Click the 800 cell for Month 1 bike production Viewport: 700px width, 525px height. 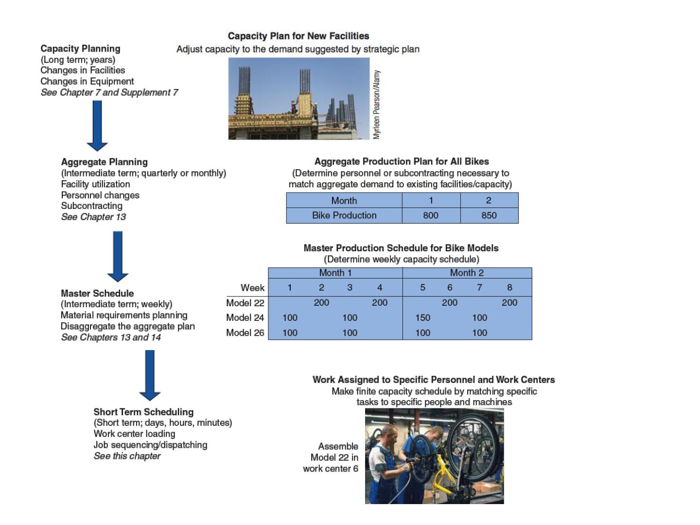coord(431,215)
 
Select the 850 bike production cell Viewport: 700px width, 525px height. coord(489,215)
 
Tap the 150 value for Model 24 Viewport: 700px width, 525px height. coord(423,317)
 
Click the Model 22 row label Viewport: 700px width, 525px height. coord(245,303)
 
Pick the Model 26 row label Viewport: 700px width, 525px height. coord(245,333)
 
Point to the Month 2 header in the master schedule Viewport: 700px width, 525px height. coord(467,273)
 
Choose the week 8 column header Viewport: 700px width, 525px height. coord(509,287)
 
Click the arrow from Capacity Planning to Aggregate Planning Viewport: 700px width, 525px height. coord(97,126)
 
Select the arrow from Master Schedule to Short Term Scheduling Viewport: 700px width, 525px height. coord(150,375)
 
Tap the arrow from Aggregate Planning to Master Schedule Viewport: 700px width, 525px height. coord(118,257)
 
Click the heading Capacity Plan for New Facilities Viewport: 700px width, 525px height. coord(298,36)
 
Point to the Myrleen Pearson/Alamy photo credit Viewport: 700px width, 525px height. coord(377,105)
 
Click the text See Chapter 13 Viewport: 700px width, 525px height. coord(93,217)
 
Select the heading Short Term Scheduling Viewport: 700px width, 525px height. coord(143,412)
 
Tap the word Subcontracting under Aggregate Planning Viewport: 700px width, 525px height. coord(92,206)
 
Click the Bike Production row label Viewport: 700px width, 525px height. coord(345,215)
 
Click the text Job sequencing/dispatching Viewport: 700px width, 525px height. coord(151,445)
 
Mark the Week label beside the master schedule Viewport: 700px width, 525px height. coord(253,288)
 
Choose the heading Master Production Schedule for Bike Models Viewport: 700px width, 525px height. coord(401,248)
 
